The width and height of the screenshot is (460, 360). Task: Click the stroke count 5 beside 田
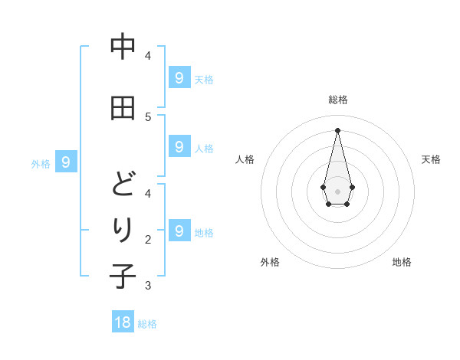tap(148, 117)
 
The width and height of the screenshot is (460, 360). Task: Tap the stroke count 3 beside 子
tap(148, 286)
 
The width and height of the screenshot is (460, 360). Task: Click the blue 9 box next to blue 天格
tap(179, 77)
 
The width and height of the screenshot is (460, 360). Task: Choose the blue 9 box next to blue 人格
tap(179, 146)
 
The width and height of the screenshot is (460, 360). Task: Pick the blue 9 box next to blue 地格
tap(179, 231)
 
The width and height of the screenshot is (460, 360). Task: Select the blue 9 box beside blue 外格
tap(67, 162)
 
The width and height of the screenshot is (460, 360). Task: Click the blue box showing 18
tap(123, 322)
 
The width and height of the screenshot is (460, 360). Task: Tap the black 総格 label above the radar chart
tap(337, 100)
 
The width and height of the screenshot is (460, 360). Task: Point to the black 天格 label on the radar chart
tap(431, 159)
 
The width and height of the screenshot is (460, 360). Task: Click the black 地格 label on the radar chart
tap(402, 262)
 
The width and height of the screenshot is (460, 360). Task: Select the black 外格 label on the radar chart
tap(270, 262)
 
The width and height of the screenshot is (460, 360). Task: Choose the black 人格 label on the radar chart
tap(245, 159)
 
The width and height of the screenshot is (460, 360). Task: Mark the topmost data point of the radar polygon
tap(337, 129)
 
